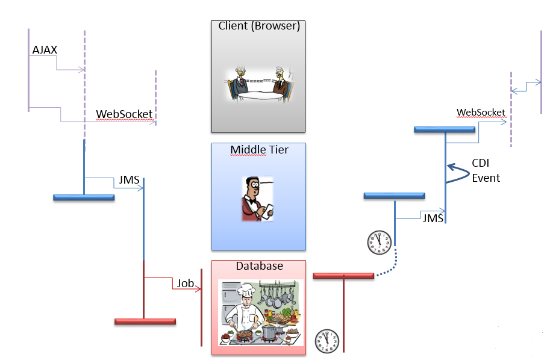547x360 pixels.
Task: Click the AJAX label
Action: point(45,50)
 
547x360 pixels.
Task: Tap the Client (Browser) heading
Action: point(259,26)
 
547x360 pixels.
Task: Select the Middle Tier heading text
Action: point(259,149)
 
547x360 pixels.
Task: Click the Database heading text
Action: point(259,266)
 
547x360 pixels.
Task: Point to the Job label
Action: point(185,283)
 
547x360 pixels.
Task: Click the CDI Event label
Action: point(486,170)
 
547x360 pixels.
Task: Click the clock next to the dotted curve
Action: point(379,242)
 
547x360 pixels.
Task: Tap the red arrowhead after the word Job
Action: point(198,290)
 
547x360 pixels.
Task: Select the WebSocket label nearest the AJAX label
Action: point(124,114)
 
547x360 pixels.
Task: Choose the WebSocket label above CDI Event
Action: point(481,113)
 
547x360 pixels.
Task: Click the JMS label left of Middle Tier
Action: point(130,179)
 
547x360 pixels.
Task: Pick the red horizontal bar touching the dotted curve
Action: point(343,276)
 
